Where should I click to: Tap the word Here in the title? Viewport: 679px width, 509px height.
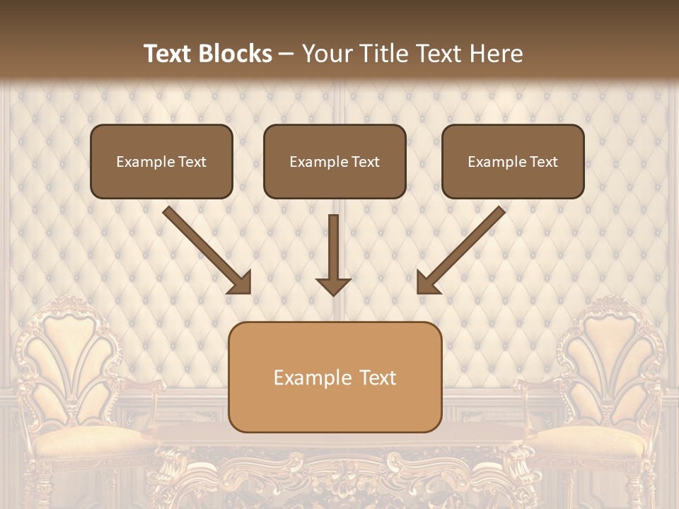(496, 54)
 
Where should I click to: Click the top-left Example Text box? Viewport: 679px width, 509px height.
(161, 162)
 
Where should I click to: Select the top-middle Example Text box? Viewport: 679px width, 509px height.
(335, 162)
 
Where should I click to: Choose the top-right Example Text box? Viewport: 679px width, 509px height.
(513, 162)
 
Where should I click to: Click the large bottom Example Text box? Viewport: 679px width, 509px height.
(335, 378)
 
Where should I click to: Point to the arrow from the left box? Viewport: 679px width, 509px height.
(205, 247)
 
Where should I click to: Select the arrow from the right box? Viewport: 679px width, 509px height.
(463, 247)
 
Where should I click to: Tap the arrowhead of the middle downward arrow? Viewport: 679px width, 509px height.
(333, 286)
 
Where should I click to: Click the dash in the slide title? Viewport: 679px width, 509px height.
(286, 54)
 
